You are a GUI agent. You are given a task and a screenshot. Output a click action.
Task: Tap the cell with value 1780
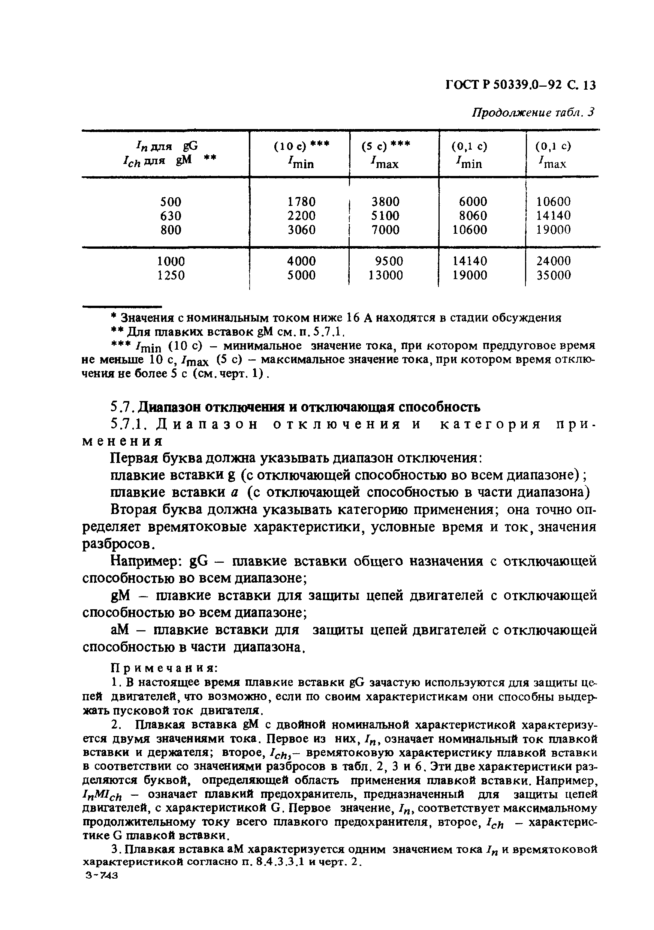click(301, 202)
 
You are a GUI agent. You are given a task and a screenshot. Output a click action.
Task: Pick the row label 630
click(171, 215)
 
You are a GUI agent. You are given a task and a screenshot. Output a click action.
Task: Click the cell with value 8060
click(473, 215)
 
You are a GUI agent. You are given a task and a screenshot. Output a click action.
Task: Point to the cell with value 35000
click(553, 275)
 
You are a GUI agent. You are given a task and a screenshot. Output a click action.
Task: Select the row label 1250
click(171, 275)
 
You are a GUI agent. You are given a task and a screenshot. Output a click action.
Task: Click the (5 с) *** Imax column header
click(385, 154)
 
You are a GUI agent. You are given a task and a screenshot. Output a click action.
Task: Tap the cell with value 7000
click(385, 230)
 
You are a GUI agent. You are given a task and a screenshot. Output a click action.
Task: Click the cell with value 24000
click(553, 261)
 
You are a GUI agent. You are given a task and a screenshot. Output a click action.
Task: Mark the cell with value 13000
click(385, 275)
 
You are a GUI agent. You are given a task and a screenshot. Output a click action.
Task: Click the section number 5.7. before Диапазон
click(121, 407)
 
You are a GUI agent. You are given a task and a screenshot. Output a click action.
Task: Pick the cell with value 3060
click(301, 230)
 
